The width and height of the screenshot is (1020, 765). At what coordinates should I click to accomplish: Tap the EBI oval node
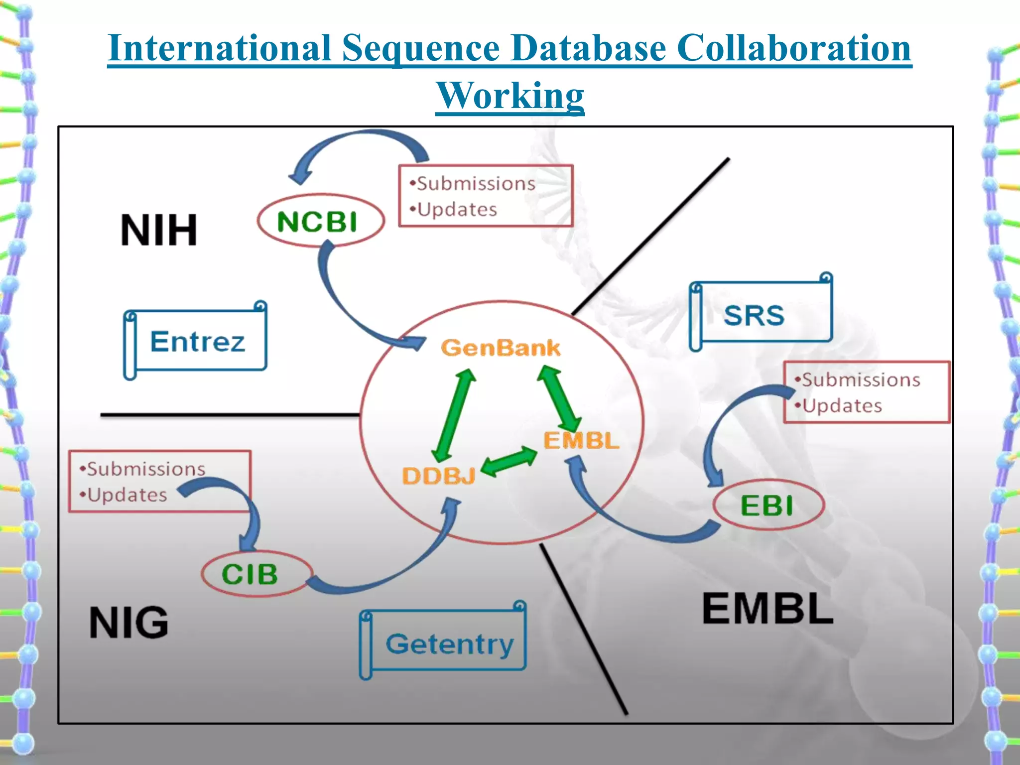(768, 505)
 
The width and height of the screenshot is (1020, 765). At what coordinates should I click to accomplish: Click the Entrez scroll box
(197, 341)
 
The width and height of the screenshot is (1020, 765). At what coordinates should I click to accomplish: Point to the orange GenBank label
(501, 348)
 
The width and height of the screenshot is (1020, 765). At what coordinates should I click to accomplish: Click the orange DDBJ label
(438, 476)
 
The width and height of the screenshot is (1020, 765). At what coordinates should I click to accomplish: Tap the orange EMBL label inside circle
(581, 441)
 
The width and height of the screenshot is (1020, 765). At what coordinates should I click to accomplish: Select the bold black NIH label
(159, 230)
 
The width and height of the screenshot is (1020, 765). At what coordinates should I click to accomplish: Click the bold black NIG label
(129, 623)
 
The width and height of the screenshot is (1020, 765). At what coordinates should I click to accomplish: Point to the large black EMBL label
(767, 609)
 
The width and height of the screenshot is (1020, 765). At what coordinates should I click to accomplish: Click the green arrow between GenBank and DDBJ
(454, 415)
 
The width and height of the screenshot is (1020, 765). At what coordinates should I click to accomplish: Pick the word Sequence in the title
(421, 48)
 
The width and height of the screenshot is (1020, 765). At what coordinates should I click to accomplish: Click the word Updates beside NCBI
(457, 210)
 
